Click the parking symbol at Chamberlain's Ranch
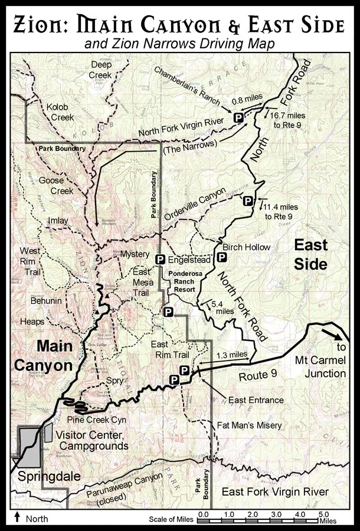coord(238,118)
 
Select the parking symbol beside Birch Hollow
coord(221,257)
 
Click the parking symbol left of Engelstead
coord(159,259)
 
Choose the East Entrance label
coord(256,400)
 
